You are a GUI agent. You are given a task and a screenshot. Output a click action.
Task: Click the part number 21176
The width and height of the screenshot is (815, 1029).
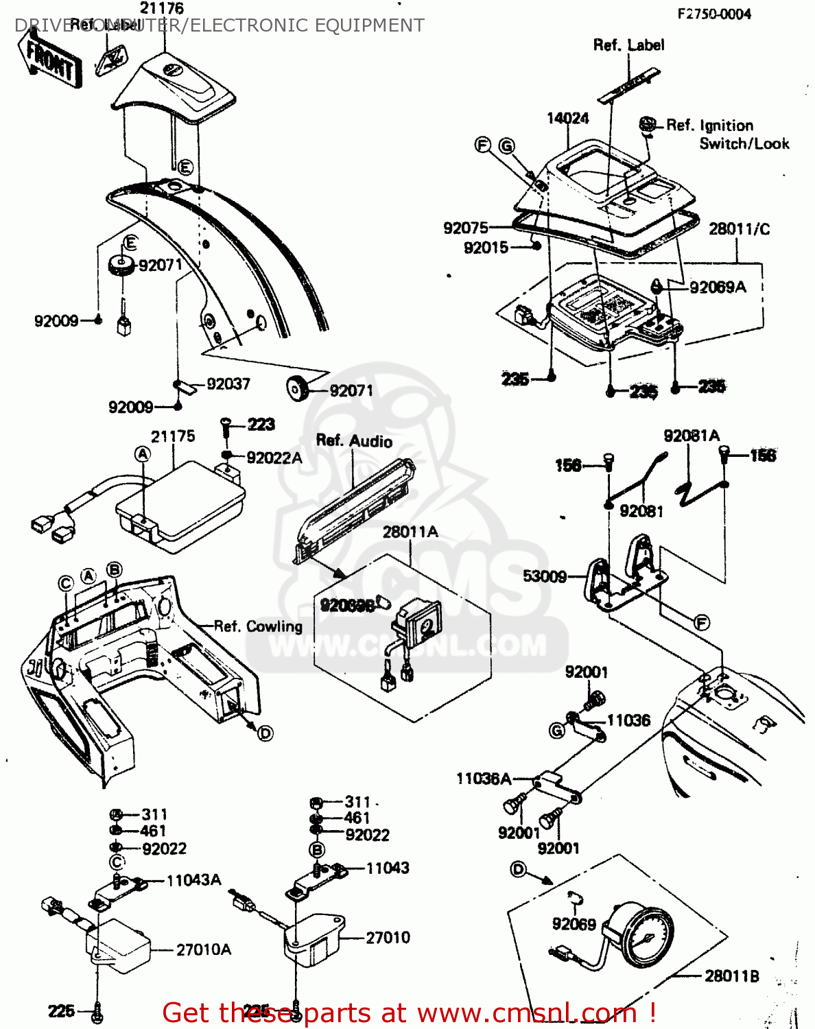click(x=162, y=8)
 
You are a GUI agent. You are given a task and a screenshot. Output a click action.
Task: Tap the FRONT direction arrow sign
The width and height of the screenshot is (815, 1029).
click(x=51, y=60)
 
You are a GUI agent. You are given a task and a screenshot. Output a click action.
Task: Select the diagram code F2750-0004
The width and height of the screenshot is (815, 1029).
click(x=713, y=14)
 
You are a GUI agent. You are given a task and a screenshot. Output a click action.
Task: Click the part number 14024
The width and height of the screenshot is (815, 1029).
click(x=567, y=118)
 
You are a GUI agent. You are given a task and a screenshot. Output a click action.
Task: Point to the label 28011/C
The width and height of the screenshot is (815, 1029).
click(x=739, y=229)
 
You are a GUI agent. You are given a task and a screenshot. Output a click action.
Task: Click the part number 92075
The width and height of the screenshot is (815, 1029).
click(x=466, y=228)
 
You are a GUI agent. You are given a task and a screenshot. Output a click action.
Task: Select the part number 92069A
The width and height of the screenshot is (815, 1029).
click(x=717, y=287)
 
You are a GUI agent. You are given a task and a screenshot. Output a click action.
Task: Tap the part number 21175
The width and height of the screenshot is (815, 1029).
click(x=173, y=436)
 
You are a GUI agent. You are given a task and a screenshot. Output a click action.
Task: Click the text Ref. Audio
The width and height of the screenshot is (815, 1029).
click(x=354, y=440)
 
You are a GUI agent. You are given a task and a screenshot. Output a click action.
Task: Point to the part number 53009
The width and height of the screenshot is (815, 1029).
click(x=545, y=576)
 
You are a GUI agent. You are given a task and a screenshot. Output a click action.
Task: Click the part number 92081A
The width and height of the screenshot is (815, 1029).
click(x=691, y=436)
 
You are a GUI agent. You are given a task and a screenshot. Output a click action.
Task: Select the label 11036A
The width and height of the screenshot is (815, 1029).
click(x=484, y=779)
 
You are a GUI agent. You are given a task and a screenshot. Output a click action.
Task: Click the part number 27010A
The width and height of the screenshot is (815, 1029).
click(x=204, y=949)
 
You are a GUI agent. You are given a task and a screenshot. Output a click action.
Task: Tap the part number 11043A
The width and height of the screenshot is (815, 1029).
click(x=193, y=880)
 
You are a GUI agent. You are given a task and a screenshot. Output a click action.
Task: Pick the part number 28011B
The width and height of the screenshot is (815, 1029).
click(x=731, y=975)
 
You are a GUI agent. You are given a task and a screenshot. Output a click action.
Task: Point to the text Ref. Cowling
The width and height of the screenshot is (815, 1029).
click(x=258, y=626)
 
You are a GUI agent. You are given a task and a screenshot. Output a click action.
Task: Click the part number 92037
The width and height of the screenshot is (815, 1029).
click(x=228, y=384)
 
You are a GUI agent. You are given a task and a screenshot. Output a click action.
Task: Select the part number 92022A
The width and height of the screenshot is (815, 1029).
click(x=274, y=458)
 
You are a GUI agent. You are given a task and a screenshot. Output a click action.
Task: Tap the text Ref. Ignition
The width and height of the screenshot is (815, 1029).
click(x=709, y=126)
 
